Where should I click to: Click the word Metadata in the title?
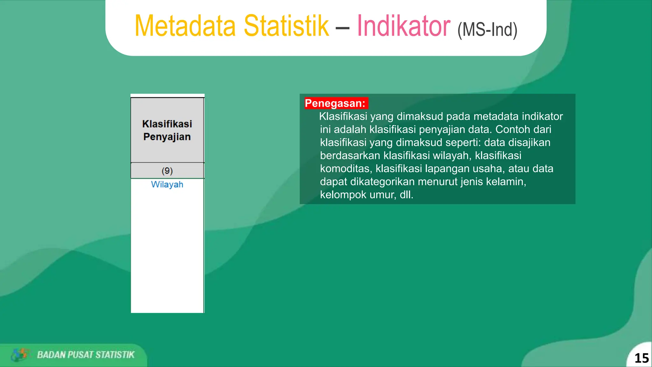coord(185,26)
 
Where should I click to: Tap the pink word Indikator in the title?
coord(403,26)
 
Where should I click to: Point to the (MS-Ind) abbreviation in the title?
coord(487,30)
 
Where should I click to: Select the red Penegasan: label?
coord(336,103)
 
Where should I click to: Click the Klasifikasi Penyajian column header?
coord(167,130)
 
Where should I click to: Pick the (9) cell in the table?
coord(167,171)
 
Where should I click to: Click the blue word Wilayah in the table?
coord(167,184)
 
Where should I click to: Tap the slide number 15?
coord(641,358)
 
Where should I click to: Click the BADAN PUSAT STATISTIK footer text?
coord(86,355)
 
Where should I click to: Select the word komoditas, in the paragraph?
coord(346,169)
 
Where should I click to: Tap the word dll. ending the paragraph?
coord(407,195)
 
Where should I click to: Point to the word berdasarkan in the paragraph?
coord(350,155)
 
